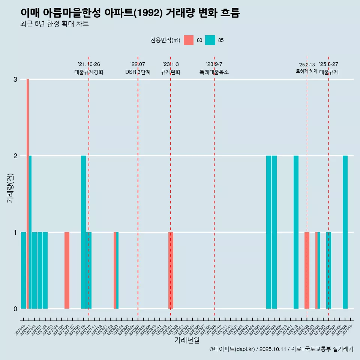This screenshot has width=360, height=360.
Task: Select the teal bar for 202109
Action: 83,232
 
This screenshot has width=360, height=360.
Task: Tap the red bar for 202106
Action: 67,270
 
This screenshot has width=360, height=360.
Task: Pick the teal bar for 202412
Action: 296,232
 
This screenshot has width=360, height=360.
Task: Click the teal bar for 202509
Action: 345,232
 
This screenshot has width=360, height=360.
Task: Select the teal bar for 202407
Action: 268,232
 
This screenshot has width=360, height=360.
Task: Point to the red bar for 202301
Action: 171,270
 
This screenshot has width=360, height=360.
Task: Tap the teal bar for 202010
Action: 23,270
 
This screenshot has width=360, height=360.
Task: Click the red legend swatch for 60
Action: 189,40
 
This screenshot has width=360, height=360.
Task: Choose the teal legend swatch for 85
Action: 210,40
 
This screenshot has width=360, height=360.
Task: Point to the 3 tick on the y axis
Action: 15,79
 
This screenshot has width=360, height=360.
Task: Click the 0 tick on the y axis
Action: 15,309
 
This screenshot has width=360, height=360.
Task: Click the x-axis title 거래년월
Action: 187,340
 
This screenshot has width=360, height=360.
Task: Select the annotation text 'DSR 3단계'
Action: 138,72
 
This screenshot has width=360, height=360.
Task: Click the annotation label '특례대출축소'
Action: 214,72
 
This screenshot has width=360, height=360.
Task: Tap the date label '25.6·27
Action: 328,64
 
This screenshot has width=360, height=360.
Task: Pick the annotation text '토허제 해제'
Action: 306,71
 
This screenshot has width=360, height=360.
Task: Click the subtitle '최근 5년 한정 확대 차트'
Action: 54,24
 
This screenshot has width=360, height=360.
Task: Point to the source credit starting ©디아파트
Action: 281,349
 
